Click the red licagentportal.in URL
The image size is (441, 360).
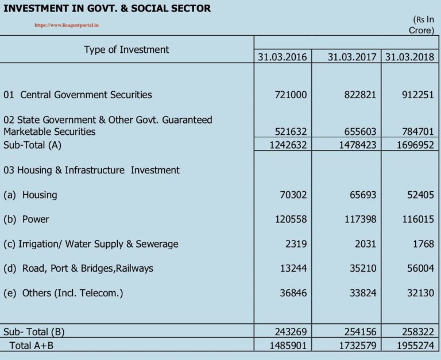(67, 25)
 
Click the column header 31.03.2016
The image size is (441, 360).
(283, 57)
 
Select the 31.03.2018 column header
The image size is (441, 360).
(409, 57)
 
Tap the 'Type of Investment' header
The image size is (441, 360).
(126, 49)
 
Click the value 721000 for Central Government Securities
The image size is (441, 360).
(291, 95)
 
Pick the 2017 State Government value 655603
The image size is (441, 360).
(360, 131)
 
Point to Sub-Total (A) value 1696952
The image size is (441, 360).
(415, 145)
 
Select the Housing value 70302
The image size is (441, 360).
(293, 195)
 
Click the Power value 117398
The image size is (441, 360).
(361, 219)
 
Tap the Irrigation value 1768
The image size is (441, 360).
(423, 244)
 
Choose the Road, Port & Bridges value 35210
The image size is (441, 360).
(363, 268)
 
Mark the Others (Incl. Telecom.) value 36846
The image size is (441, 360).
(293, 293)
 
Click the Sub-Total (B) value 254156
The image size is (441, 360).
(360, 332)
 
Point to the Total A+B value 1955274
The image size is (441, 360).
(415, 346)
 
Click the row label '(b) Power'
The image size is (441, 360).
(26, 219)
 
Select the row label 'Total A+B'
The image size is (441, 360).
(32, 346)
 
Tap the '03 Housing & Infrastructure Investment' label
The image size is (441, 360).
(91, 170)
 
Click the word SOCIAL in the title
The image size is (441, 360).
(148, 9)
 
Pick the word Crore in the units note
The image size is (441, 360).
(420, 30)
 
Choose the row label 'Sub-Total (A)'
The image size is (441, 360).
(32, 145)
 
